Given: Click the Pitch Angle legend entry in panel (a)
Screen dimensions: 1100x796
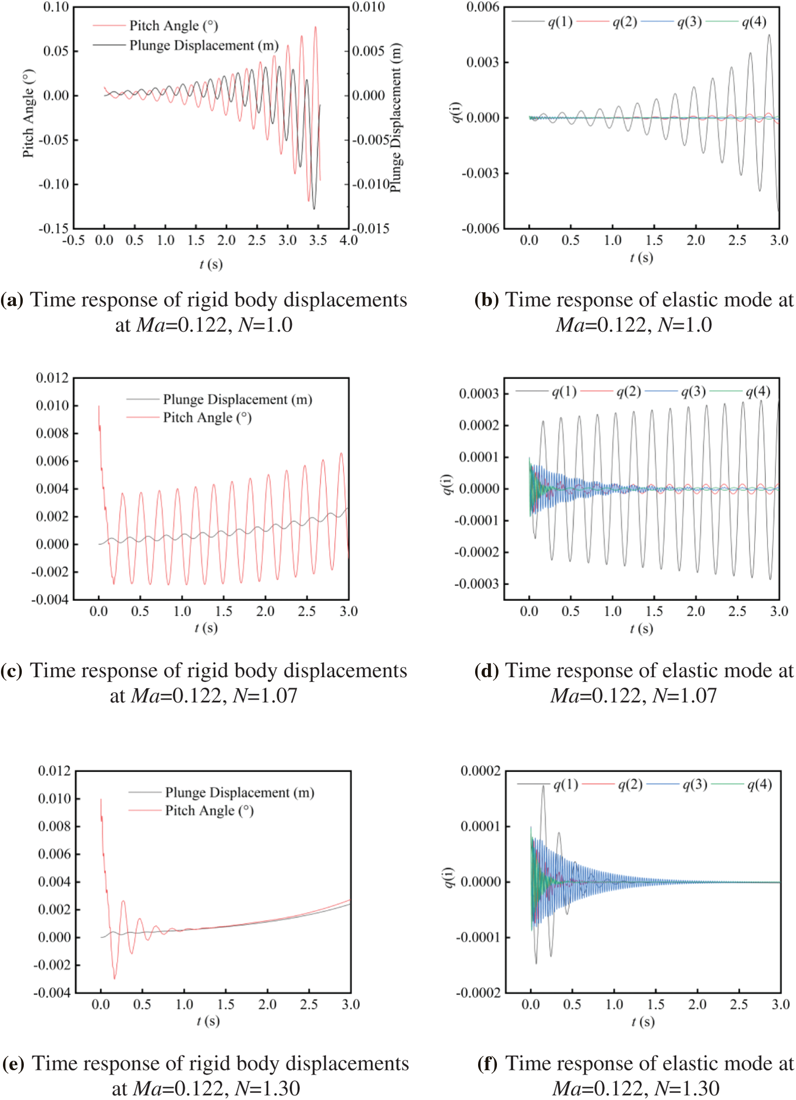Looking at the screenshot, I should pyautogui.click(x=173, y=25).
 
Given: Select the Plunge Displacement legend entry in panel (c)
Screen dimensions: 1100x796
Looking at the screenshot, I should pyautogui.click(x=237, y=399).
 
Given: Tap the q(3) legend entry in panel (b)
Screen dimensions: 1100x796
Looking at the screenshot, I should pyautogui.click(x=689, y=22).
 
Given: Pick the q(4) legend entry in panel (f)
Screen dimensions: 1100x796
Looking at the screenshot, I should pyautogui.click(x=759, y=784).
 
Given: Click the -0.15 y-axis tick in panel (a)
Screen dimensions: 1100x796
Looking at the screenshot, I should pyautogui.click(x=54, y=229).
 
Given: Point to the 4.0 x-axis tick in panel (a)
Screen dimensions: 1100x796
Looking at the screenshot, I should pyautogui.click(x=348, y=241).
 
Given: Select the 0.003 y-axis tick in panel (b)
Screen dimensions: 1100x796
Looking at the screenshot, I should pyautogui.click(x=482, y=63).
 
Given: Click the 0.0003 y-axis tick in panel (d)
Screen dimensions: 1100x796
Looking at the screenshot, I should pyautogui.click(x=479, y=394).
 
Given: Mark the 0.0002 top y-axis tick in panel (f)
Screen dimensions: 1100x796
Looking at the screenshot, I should pyautogui.click(x=480, y=771).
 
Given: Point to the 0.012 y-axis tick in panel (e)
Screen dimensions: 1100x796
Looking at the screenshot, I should pyautogui.click(x=55, y=771).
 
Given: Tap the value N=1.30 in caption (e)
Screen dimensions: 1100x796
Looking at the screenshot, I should pyautogui.click(x=268, y=1088).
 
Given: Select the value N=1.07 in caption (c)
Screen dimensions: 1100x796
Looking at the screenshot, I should pyautogui.click(x=265, y=696).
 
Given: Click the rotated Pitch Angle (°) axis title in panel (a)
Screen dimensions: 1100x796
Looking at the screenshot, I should pyautogui.click(x=29, y=113).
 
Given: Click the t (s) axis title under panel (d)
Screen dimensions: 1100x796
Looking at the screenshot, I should pyautogui.click(x=641, y=629).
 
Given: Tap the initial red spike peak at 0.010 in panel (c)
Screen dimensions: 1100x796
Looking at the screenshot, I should pyautogui.click(x=99, y=406).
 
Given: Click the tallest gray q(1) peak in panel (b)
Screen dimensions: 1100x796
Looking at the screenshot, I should pyautogui.click(x=769, y=35).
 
